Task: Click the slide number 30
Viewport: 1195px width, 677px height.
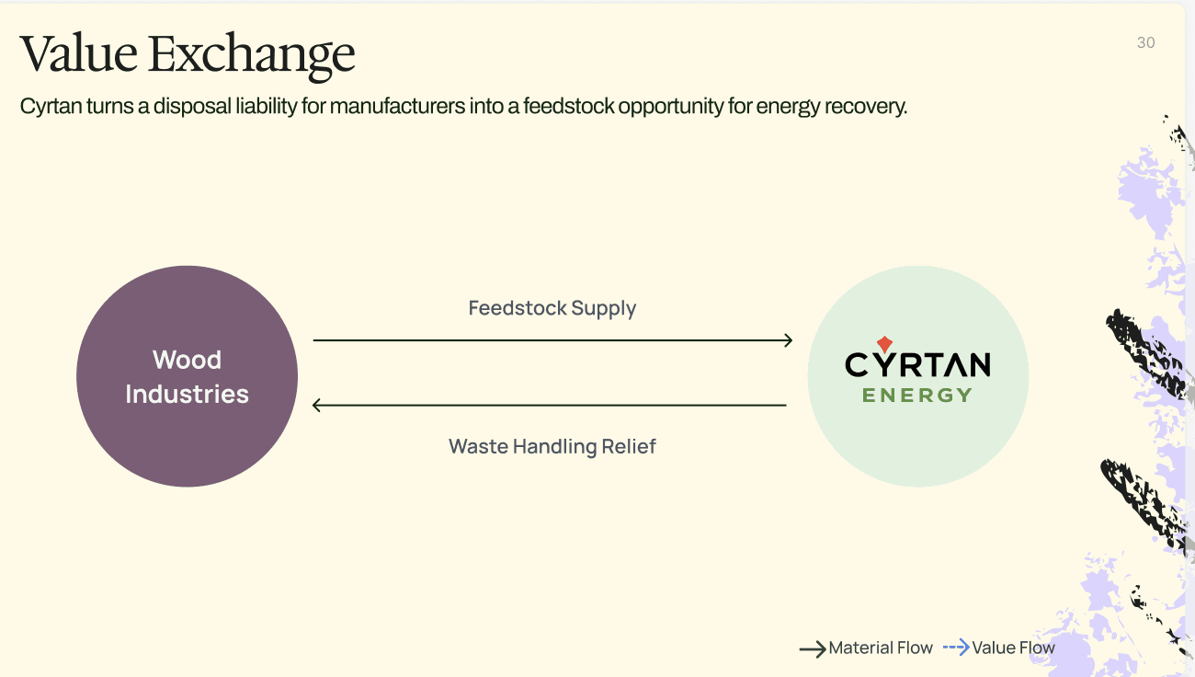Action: tap(1145, 42)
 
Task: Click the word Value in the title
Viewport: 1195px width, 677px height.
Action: tap(78, 54)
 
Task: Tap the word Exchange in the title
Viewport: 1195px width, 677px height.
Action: tap(251, 54)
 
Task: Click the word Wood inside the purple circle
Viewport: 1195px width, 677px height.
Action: tap(187, 360)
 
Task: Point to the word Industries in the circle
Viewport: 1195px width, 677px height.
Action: tap(187, 395)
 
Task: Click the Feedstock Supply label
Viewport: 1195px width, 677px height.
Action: tap(552, 308)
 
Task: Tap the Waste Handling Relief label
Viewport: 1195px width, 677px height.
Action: tap(552, 447)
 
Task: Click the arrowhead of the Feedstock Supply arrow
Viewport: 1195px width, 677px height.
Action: tap(787, 340)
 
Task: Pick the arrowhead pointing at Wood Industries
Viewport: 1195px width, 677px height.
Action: tap(318, 405)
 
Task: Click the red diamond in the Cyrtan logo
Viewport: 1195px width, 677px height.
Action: tap(884, 344)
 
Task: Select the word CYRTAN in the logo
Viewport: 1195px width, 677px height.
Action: tap(917, 365)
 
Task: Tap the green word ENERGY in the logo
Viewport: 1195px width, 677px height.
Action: tap(917, 396)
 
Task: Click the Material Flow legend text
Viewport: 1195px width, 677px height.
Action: tap(881, 648)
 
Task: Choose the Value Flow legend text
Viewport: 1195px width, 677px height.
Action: tap(1013, 648)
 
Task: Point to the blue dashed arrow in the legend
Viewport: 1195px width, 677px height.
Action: tap(956, 648)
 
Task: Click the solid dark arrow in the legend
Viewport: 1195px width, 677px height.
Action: tap(813, 649)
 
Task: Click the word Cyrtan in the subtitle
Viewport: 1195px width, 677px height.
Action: tap(51, 107)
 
